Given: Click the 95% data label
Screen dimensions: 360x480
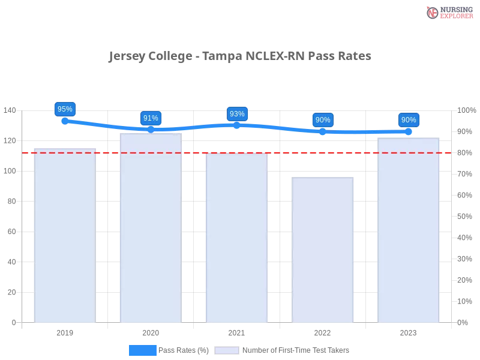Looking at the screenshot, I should click(x=64, y=109).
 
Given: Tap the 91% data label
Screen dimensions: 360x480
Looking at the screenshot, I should click(x=151, y=118).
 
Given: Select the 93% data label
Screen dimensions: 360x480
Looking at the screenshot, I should click(x=237, y=114).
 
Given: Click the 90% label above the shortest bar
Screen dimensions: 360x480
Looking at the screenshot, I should click(x=323, y=120).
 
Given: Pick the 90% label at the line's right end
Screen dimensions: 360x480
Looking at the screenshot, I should click(x=409, y=120).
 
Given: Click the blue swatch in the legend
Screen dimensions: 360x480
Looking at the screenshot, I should click(x=142, y=350).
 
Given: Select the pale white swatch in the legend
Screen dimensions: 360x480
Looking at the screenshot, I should click(x=227, y=350).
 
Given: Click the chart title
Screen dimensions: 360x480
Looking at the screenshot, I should click(x=239, y=56).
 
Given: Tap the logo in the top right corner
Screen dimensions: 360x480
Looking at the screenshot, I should click(x=448, y=12).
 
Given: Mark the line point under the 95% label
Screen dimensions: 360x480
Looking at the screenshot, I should click(x=64, y=121).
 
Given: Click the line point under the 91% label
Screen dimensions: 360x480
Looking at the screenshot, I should click(x=151, y=129).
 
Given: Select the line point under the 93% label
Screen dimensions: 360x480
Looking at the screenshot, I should click(x=237, y=125).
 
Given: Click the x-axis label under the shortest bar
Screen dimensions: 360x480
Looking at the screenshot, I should click(x=322, y=331).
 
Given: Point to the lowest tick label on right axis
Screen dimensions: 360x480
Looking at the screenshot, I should click(x=463, y=322).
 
